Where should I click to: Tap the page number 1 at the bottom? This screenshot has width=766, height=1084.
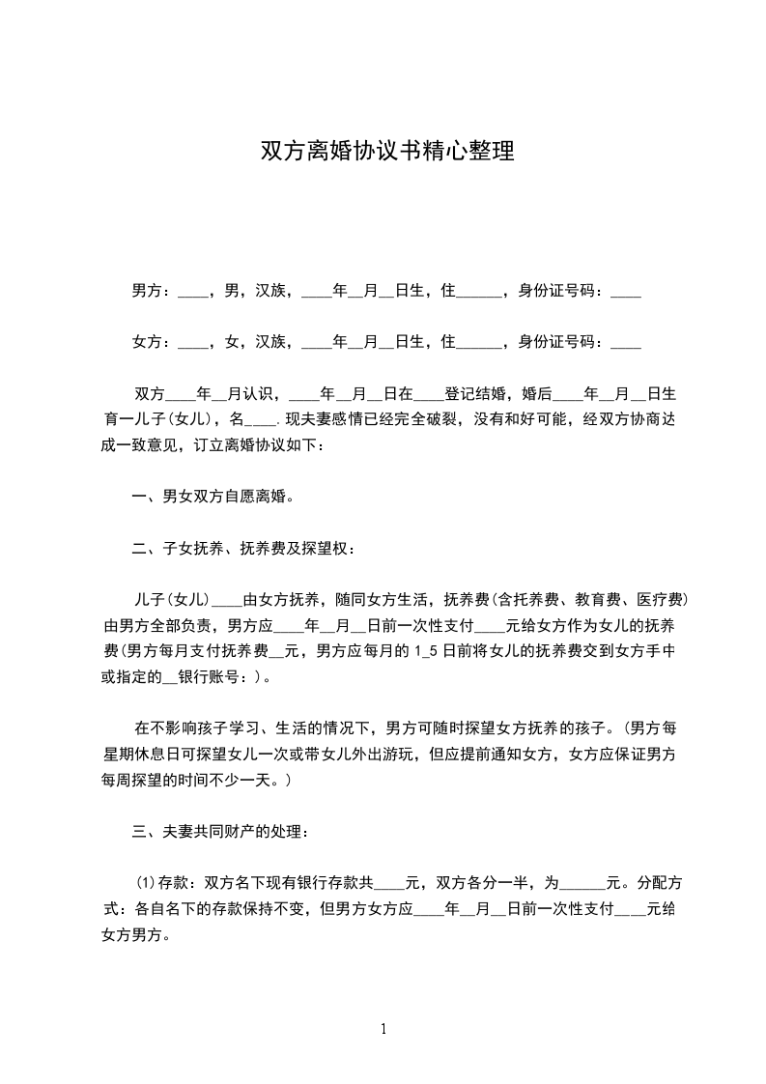click(x=383, y=1029)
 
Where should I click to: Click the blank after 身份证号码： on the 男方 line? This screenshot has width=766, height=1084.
click(x=626, y=292)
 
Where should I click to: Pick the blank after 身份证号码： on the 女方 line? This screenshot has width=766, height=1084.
click(x=626, y=343)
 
